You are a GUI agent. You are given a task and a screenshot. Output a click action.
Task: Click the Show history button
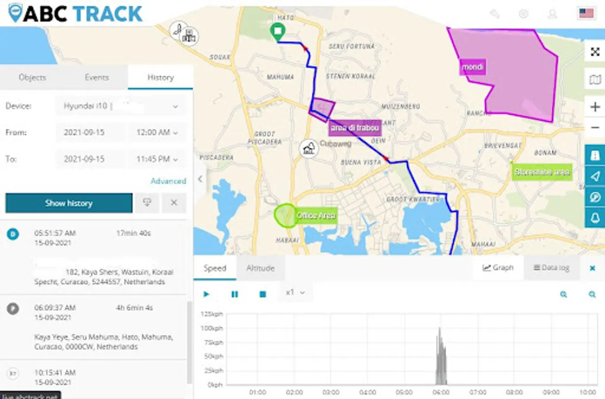(x=69, y=203)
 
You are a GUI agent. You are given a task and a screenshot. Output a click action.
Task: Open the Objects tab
(x=32, y=77)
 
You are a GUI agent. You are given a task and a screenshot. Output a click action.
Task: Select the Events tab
(x=96, y=77)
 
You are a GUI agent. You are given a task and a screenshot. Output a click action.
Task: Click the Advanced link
(x=168, y=181)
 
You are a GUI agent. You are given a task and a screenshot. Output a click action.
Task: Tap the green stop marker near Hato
(x=277, y=31)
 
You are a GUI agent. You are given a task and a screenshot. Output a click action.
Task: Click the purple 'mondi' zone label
(x=473, y=67)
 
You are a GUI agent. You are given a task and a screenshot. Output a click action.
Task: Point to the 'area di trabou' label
(x=355, y=128)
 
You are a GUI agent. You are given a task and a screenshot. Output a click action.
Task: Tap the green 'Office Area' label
(x=316, y=215)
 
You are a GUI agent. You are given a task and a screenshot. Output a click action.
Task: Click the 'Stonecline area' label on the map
(x=542, y=172)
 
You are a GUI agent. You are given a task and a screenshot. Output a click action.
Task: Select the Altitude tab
(x=260, y=268)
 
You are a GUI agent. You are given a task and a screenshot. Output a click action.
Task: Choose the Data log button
(x=551, y=268)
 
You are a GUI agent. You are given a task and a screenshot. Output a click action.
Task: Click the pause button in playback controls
(x=235, y=294)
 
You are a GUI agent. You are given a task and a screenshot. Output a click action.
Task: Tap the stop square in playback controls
(x=262, y=294)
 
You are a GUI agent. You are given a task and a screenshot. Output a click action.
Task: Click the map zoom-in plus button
(x=595, y=107)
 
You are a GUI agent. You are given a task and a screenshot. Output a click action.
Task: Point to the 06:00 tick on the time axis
(x=441, y=392)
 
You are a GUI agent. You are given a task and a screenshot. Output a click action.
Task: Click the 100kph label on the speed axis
(x=212, y=329)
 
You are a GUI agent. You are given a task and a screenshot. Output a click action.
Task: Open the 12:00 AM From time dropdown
(x=157, y=133)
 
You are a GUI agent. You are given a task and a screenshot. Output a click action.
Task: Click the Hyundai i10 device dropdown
(x=120, y=106)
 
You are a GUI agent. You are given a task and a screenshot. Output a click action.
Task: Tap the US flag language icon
(x=586, y=13)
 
